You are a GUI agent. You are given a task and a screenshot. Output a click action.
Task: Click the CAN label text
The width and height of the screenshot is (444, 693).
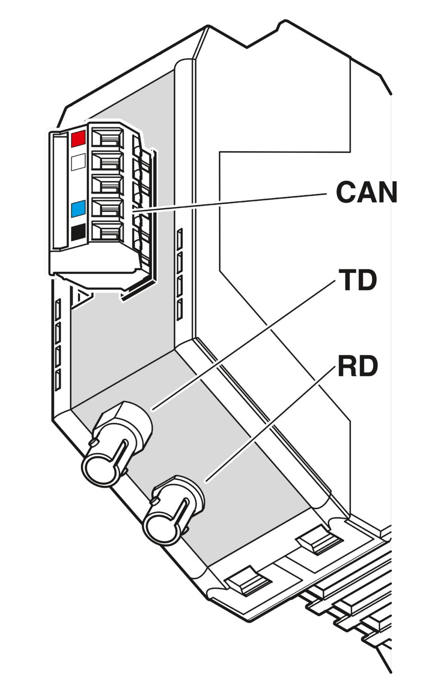coord(366,192)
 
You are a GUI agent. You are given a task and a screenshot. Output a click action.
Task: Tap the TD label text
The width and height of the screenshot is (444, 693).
coord(358,280)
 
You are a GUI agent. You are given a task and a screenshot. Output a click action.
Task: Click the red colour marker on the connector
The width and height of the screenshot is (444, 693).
coord(78,138)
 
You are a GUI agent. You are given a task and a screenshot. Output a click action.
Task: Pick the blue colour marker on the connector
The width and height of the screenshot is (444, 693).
coord(78,209)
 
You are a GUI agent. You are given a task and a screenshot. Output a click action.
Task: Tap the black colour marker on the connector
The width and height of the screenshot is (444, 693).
coord(78,233)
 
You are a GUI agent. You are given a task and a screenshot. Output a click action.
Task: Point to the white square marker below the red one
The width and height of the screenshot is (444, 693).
coord(78,162)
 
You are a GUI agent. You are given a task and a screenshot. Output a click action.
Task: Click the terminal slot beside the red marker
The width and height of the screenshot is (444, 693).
coord(107,137)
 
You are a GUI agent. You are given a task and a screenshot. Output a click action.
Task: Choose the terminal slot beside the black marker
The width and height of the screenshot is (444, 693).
coord(107,231)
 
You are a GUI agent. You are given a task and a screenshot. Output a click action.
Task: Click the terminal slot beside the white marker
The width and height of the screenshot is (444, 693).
coord(107,161)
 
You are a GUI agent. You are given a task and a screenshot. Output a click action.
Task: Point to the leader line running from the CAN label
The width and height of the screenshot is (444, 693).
coord(229,203)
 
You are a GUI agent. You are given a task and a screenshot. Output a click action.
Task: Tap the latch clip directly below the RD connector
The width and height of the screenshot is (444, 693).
coord(248,581)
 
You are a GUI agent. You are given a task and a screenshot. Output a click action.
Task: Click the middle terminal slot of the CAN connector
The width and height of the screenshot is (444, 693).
coord(107,184)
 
